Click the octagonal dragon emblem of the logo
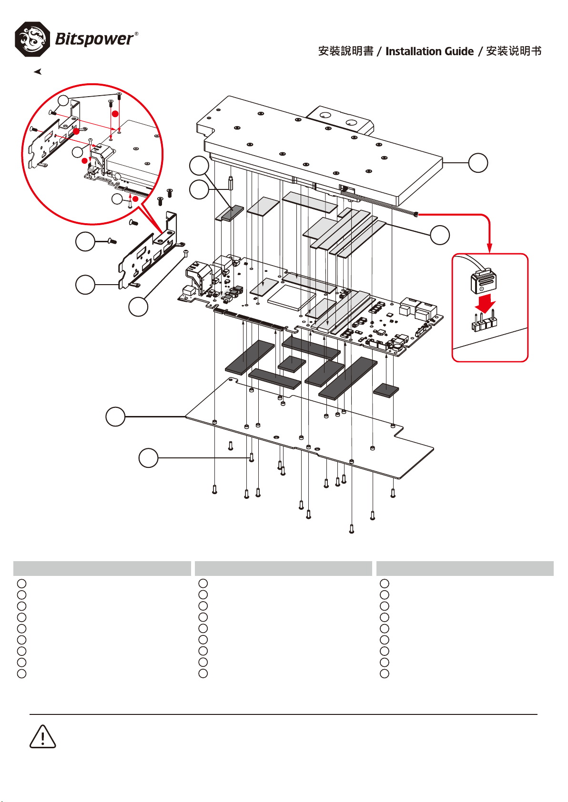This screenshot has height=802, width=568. [x=32, y=39]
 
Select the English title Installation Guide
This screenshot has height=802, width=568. [x=429, y=51]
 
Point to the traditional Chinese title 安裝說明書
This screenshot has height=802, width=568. [x=345, y=51]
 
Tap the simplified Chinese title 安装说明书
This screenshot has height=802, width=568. [x=514, y=51]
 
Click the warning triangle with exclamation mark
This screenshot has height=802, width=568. [x=42, y=736]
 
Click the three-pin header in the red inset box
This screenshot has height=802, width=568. [x=485, y=322]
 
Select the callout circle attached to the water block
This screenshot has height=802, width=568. [x=478, y=163]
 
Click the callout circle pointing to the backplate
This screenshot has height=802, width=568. [x=115, y=416]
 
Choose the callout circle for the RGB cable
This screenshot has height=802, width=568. [x=440, y=235]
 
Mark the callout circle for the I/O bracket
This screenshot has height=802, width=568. [x=85, y=285]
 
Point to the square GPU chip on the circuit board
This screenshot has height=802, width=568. [x=291, y=297]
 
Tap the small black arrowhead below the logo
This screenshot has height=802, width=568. [x=38, y=72]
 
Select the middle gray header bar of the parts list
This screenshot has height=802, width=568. [x=284, y=568]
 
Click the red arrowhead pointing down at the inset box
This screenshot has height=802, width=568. [x=489, y=248]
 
